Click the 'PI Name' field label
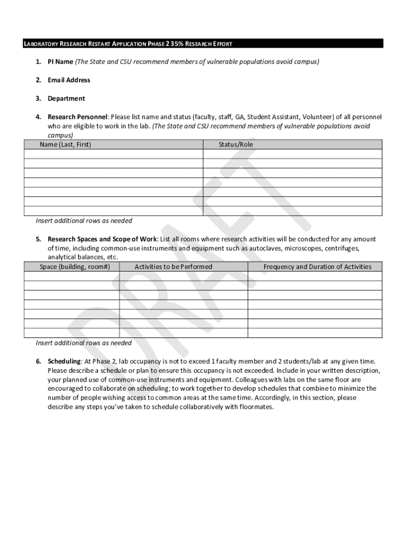(60, 62)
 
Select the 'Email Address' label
(69, 80)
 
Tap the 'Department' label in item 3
(66, 99)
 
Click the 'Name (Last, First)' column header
(65, 144)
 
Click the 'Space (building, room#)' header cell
(75, 267)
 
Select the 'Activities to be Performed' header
(173, 267)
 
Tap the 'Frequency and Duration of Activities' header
(317, 267)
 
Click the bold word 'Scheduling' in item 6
(64, 361)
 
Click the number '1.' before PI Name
(38, 62)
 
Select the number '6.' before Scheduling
(38, 361)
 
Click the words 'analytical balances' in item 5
(73, 257)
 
